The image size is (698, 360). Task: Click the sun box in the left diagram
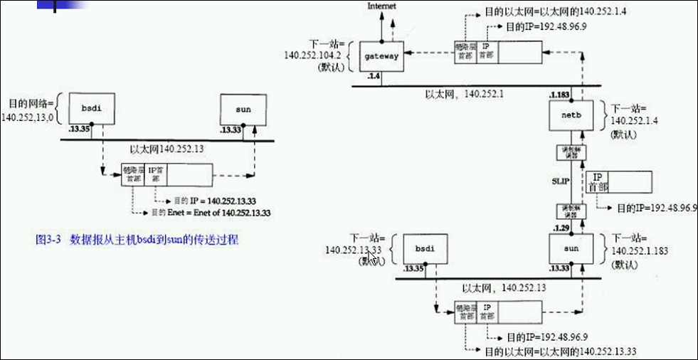(x=243, y=110)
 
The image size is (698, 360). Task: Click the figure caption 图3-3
(x=50, y=240)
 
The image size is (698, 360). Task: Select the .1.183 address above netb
(x=561, y=95)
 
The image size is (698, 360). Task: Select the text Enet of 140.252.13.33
(x=238, y=212)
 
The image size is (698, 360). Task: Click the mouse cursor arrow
(x=372, y=257)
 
